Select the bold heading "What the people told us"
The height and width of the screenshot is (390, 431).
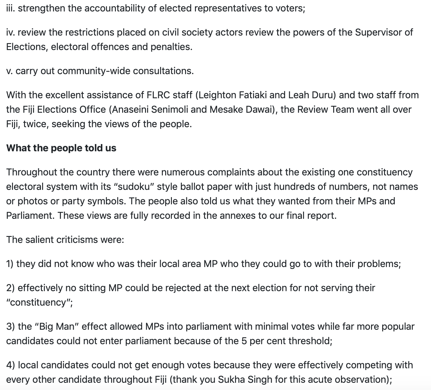click(x=61, y=148)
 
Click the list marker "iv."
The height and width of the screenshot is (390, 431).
click(x=11, y=32)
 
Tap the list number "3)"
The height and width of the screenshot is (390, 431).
click(x=11, y=326)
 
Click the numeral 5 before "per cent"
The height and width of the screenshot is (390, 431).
click(x=244, y=341)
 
